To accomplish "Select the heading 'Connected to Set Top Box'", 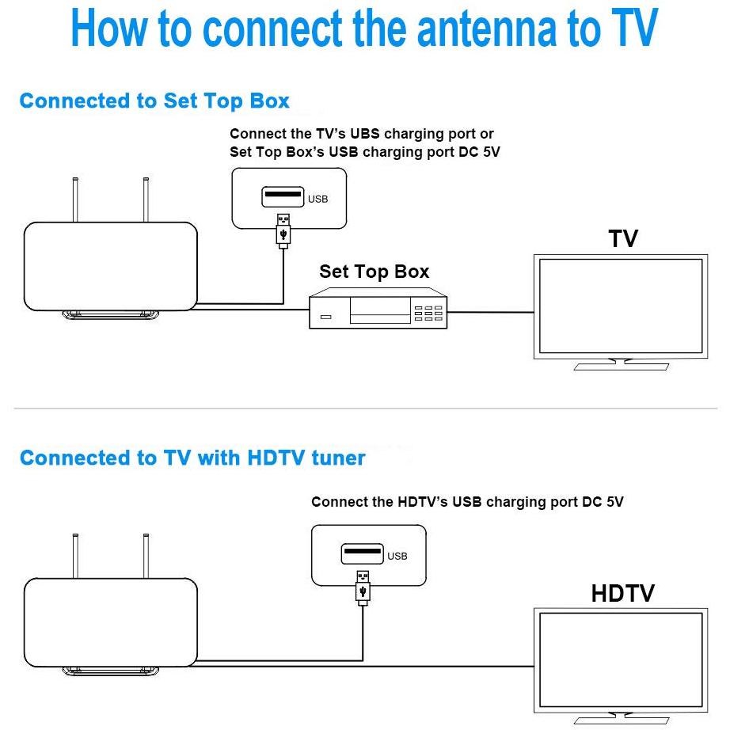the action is pos(154,101).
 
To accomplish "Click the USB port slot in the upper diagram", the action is pos(283,197).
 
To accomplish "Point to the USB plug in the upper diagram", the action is pos(283,230).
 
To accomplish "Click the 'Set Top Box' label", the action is pos(375,272).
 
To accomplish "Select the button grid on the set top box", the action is pos(428,314).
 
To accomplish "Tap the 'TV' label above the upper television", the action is pos(623,239).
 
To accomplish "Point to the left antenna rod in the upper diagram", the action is pos(75,200).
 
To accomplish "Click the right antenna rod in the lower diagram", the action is pos(146,556).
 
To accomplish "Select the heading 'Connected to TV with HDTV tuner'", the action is pos(192,458).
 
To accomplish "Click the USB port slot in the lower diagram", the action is pos(362,553).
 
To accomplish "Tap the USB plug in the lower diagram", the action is pos(363,587).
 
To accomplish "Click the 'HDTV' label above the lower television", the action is pos(623,594).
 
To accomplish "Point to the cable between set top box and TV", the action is pos(490,312).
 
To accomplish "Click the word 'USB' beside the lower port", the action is pos(397,556).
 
